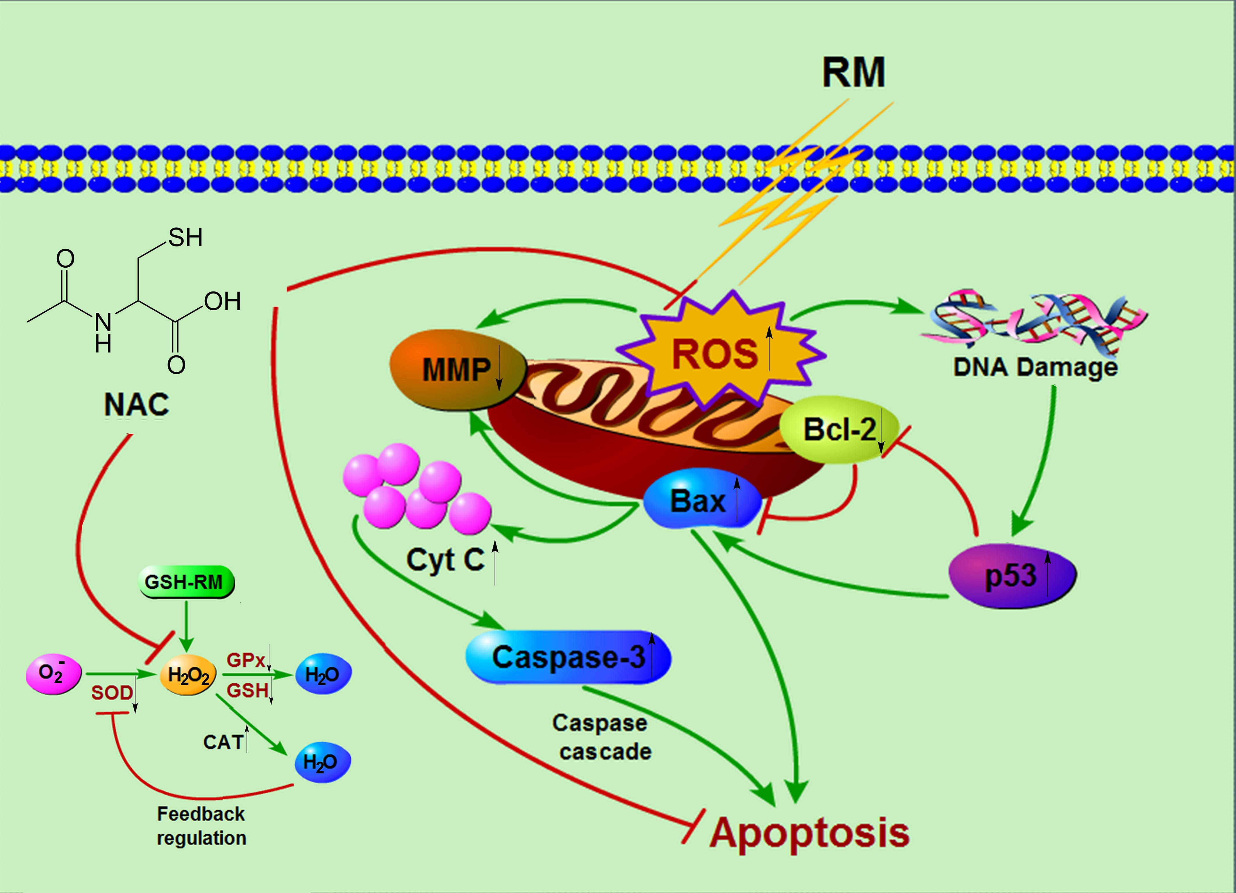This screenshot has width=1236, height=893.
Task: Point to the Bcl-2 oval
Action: (x=839, y=429)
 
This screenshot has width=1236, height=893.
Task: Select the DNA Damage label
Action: (x=1035, y=367)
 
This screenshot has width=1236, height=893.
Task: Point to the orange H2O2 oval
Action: (x=188, y=676)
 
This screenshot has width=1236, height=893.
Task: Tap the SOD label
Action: (x=112, y=692)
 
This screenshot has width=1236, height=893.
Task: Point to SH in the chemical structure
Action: (x=185, y=237)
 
